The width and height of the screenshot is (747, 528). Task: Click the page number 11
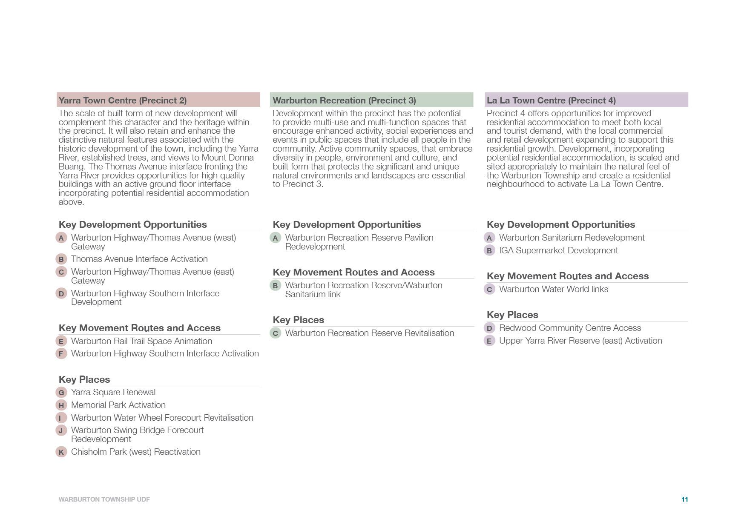point(684,499)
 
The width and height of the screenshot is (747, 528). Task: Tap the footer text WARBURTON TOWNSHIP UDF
point(104,499)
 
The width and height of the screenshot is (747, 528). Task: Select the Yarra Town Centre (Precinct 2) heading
point(123,100)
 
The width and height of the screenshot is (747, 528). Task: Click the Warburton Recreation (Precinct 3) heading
point(344,100)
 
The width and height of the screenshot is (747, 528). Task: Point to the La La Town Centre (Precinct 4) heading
point(551,100)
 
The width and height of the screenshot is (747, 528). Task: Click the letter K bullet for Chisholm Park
point(61,452)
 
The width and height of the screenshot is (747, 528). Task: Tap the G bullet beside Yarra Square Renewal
point(61,393)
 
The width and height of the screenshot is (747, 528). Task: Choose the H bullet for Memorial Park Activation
point(61,405)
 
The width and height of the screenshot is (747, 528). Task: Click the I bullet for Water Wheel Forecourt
point(61,418)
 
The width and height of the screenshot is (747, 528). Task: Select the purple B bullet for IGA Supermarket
point(489,251)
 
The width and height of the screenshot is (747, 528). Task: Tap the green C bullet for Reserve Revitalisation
point(276,333)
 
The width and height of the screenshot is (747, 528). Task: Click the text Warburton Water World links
point(553,289)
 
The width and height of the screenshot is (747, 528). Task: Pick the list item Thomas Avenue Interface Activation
point(139,259)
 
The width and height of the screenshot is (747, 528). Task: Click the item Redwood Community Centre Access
point(570,328)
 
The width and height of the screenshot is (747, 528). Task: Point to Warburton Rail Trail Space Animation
point(141,341)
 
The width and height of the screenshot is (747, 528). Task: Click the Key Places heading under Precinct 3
point(298,320)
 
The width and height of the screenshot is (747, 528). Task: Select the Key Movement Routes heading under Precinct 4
point(567,276)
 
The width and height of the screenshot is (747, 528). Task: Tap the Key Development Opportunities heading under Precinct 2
point(132,224)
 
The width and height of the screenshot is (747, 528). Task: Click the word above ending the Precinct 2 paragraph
point(71,202)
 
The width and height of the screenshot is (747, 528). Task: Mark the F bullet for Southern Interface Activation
point(61,354)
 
